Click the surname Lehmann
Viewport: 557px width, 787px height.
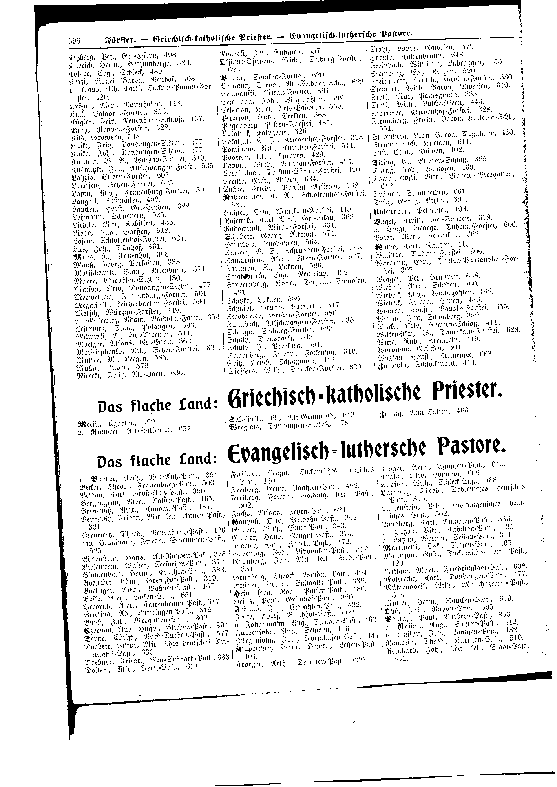click(x=88, y=215)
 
